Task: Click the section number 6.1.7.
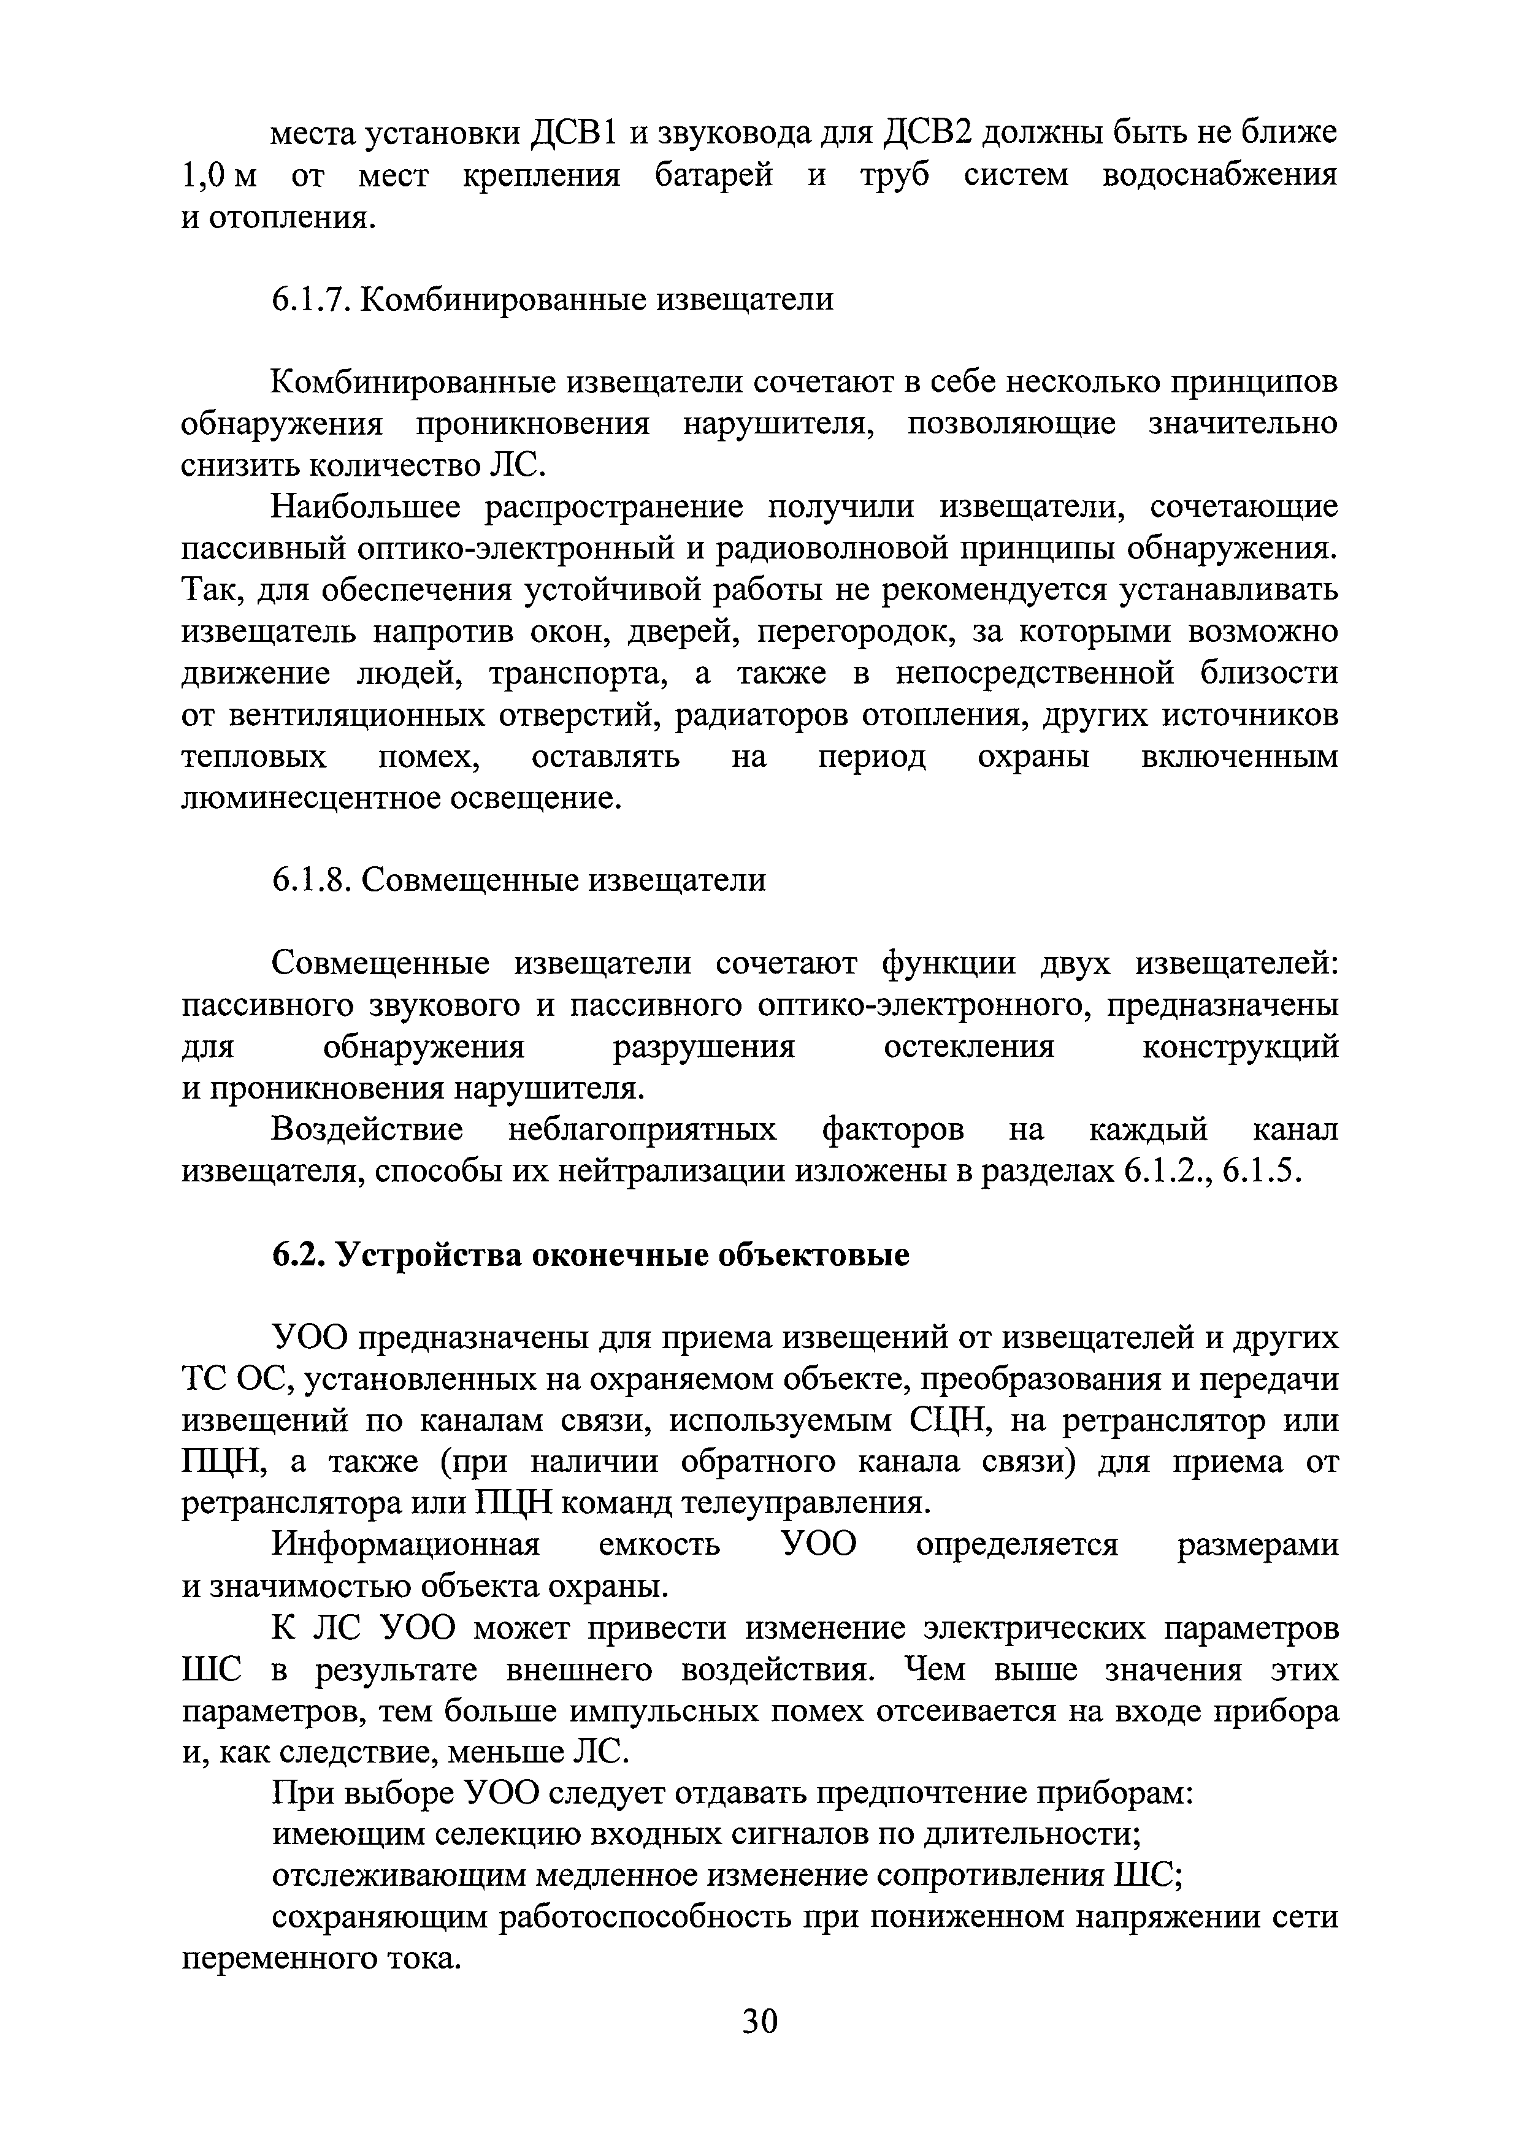click(312, 300)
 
